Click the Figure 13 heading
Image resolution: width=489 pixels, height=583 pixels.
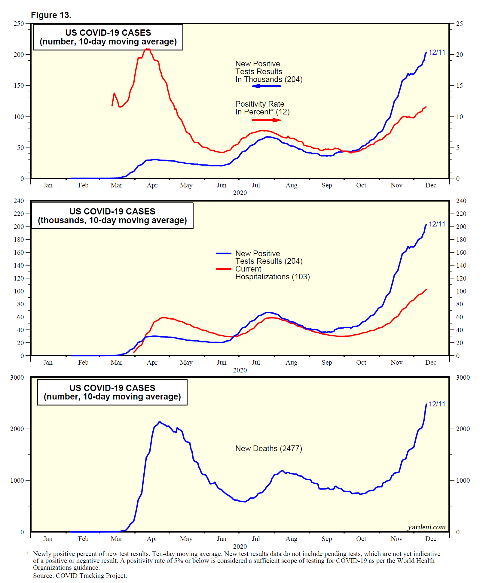click(51, 15)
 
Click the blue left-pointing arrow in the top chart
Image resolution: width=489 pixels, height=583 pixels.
click(266, 86)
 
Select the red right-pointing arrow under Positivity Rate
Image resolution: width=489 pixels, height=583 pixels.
click(266, 120)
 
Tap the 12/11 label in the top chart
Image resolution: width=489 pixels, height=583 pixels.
click(437, 53)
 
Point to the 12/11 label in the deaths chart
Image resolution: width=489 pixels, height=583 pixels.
click(437, 404)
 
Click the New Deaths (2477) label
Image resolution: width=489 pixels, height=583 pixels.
click(269, 448)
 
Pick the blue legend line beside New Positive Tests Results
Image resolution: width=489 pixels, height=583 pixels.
click(224, 254)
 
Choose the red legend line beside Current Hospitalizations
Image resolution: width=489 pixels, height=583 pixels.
click(224, 269)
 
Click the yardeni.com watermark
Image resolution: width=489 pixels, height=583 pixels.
click(426, 527)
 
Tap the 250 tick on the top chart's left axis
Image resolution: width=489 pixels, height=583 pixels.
click(19, 24)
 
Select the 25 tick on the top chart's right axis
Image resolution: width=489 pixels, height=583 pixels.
click(459, 24)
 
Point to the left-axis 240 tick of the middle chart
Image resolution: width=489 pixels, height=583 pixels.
click(19, 201)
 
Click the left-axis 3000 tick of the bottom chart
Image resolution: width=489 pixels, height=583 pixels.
click(17, 378)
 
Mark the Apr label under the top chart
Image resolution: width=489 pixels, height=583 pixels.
click(152, 185)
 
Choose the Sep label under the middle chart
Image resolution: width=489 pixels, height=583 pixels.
click(327, 363)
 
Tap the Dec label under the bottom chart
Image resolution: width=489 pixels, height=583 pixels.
click(431, 539)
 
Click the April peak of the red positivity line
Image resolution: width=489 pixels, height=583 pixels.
click(147, 49)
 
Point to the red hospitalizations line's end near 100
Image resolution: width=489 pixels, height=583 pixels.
click(426, 290)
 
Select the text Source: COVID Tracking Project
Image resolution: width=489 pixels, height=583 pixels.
click(80, 576)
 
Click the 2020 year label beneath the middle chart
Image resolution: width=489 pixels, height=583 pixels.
click(240, 370)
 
